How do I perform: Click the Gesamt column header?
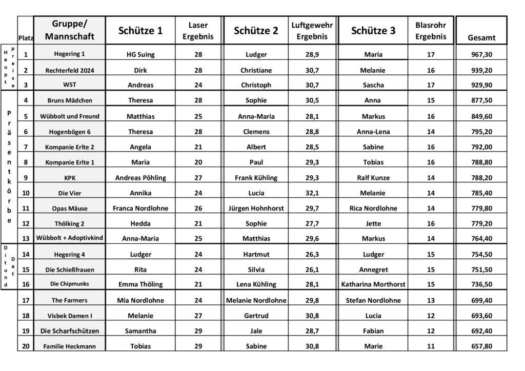click(481, 37)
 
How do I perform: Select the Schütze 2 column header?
click(256, 31)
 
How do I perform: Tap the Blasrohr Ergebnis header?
click(431, 31)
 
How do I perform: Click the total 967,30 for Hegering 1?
click(481, 54)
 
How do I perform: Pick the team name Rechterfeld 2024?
click(69, 70)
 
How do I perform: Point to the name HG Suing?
click(140, 54)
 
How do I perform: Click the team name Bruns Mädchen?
click(69, 100)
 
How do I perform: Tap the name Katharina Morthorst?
click(373, 284)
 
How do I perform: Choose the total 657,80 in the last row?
click(481, 346)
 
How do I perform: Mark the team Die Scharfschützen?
click(69, 331)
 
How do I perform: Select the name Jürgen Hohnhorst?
click(256, 209)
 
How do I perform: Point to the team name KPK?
click(69, 178)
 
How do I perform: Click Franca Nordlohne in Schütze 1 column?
click(140, 209)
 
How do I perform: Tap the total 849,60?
click(481, 116)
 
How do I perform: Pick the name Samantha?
click(140, 331)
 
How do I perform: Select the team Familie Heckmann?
click(69, 346)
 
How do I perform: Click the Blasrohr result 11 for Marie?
click(431, 346)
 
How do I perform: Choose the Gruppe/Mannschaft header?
click(69, 31)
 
